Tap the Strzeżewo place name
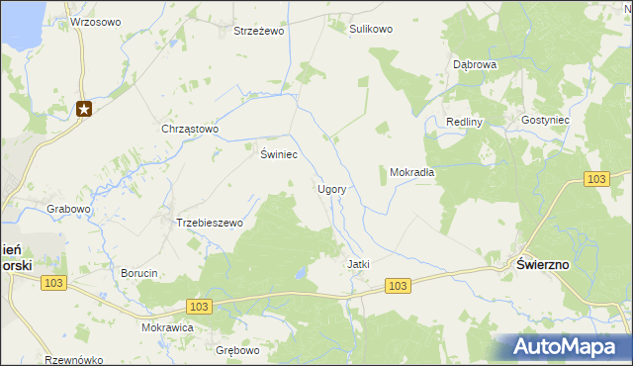tap(258, 31)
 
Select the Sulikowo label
tap(371, 29)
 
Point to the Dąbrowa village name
tap(474, 63)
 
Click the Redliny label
tap(463, 121)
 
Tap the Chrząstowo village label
tap(189, 129)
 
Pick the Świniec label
tap(279, 154)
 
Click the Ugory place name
tap(330, 188)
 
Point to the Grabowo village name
tap(69, 209)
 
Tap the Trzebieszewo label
tap(209, 223)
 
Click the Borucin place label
tap(138, 273)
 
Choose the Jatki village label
tap(358, 264)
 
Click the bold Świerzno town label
tap(542, 264)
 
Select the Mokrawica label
tap(167, 327)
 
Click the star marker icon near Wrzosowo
tap(84, 109)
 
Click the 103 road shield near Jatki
tap(398, 286)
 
